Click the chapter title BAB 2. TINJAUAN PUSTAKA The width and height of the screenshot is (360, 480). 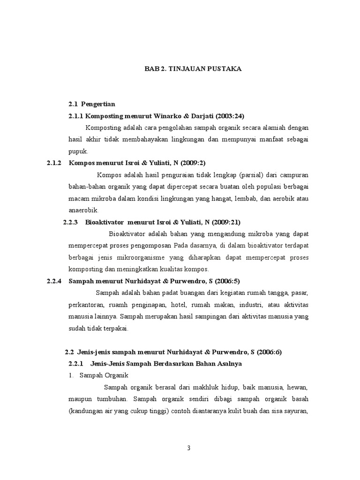coord(192,69)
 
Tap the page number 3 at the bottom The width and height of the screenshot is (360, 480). coord(188,448)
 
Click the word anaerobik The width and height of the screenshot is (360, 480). coord(83,210)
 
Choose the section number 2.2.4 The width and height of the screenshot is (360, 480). coord(54,281)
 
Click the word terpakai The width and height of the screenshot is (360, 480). coord(117,328)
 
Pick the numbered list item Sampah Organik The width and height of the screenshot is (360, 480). coord(100,375)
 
